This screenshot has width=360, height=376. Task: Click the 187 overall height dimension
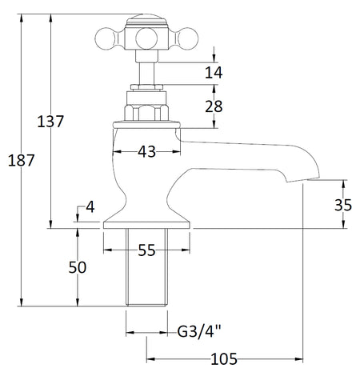[x=21, y=161]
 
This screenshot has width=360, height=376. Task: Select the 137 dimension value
[x=50, y=122]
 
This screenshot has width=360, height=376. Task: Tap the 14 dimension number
[x=214, y=72]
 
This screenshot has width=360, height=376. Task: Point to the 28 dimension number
[x=214, y=106]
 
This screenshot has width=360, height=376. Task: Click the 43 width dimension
[x=146, y=152]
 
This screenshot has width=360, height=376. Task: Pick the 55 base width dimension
[x=146, y=250]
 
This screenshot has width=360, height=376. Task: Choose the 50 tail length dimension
[x=78, y=267]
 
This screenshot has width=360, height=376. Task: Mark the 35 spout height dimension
[x=343, y=205]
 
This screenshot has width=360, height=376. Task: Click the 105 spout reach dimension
[x=224, y=359]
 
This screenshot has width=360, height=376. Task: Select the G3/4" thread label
[x=199, y=332]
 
